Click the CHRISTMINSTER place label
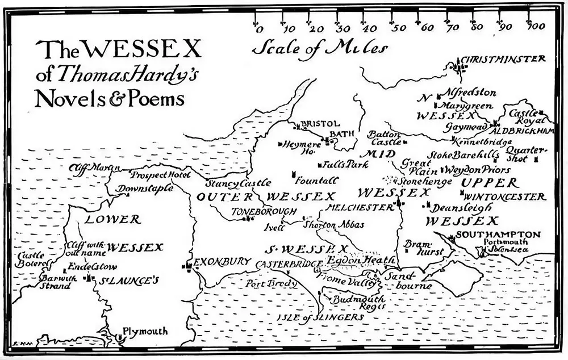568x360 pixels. (x=504, y=59)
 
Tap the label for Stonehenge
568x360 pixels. (x=425, y=182)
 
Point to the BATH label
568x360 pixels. (x=343, y=133)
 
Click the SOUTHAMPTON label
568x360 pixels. (x=498, y=235)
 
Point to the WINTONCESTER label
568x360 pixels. (x=504, y=197)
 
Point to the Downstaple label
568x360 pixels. (x=145, y=189)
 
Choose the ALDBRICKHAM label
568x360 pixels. (x=527, y=131)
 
